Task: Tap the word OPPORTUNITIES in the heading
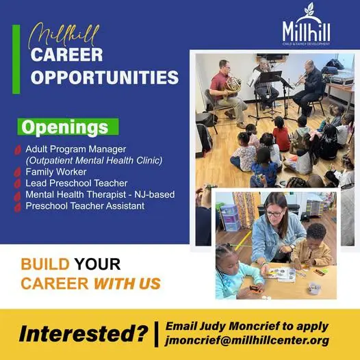pyautogui.click(x=105, y=77)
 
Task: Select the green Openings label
pyautogui.click(x=68, y=127)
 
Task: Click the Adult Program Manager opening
pyautogui.click(x=76, y=149)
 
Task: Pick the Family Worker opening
pyautogui.click(x=56, y=172)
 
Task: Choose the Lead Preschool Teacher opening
pyautogui.click(x=77, y=183)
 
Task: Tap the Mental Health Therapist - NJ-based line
pyautogui.click(x=100, y=194)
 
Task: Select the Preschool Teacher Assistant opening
pyautogui.click(x=85, y=206)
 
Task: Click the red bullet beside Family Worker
pyautogui.click(x=17, y=172)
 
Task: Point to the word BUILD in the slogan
pyautogui.click(x=45, y=264)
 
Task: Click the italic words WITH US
pyautogui.click(x=127, y=283)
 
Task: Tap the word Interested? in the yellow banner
pyautogui.click(x=83, y=333)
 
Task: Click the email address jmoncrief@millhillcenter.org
pyautogui.click(x=247, y=340)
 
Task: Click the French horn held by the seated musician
pyautogui.click(x=233, y=84)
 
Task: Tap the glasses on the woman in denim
pyautogui.click(x=274, y=214)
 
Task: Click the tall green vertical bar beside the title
pyautogui.click(x=16, y=60)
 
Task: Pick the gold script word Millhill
pyautogui.click(x=64, y=35)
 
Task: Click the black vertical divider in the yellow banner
pyautogui.click(x=156, y=334)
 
